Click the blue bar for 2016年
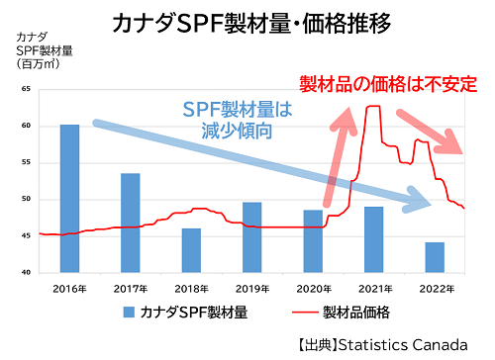[x=69, y=198]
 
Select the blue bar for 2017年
[x=130, y=223]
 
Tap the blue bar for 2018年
[x=191, y=250]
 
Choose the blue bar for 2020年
[x=313, y=240]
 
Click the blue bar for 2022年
[x=435, y=257]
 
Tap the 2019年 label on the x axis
[x=251, y=287]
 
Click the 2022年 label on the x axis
[x=435, y=287]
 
